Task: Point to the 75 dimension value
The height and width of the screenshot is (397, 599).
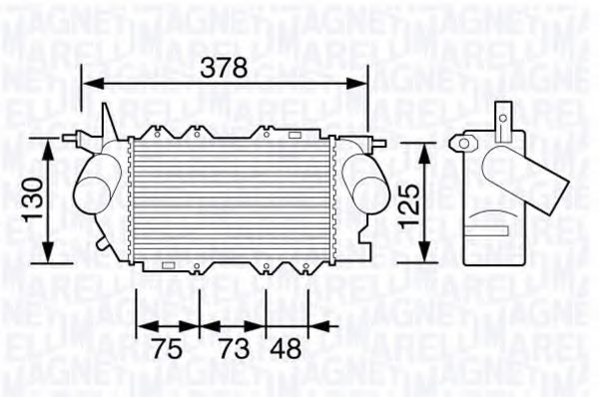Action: tap(168, 349)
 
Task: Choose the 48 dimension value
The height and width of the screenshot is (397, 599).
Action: tap(287, 349)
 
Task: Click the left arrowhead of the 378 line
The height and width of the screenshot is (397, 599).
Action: tap(87, 84)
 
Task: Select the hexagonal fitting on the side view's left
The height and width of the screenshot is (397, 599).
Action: tap(462, 144)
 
